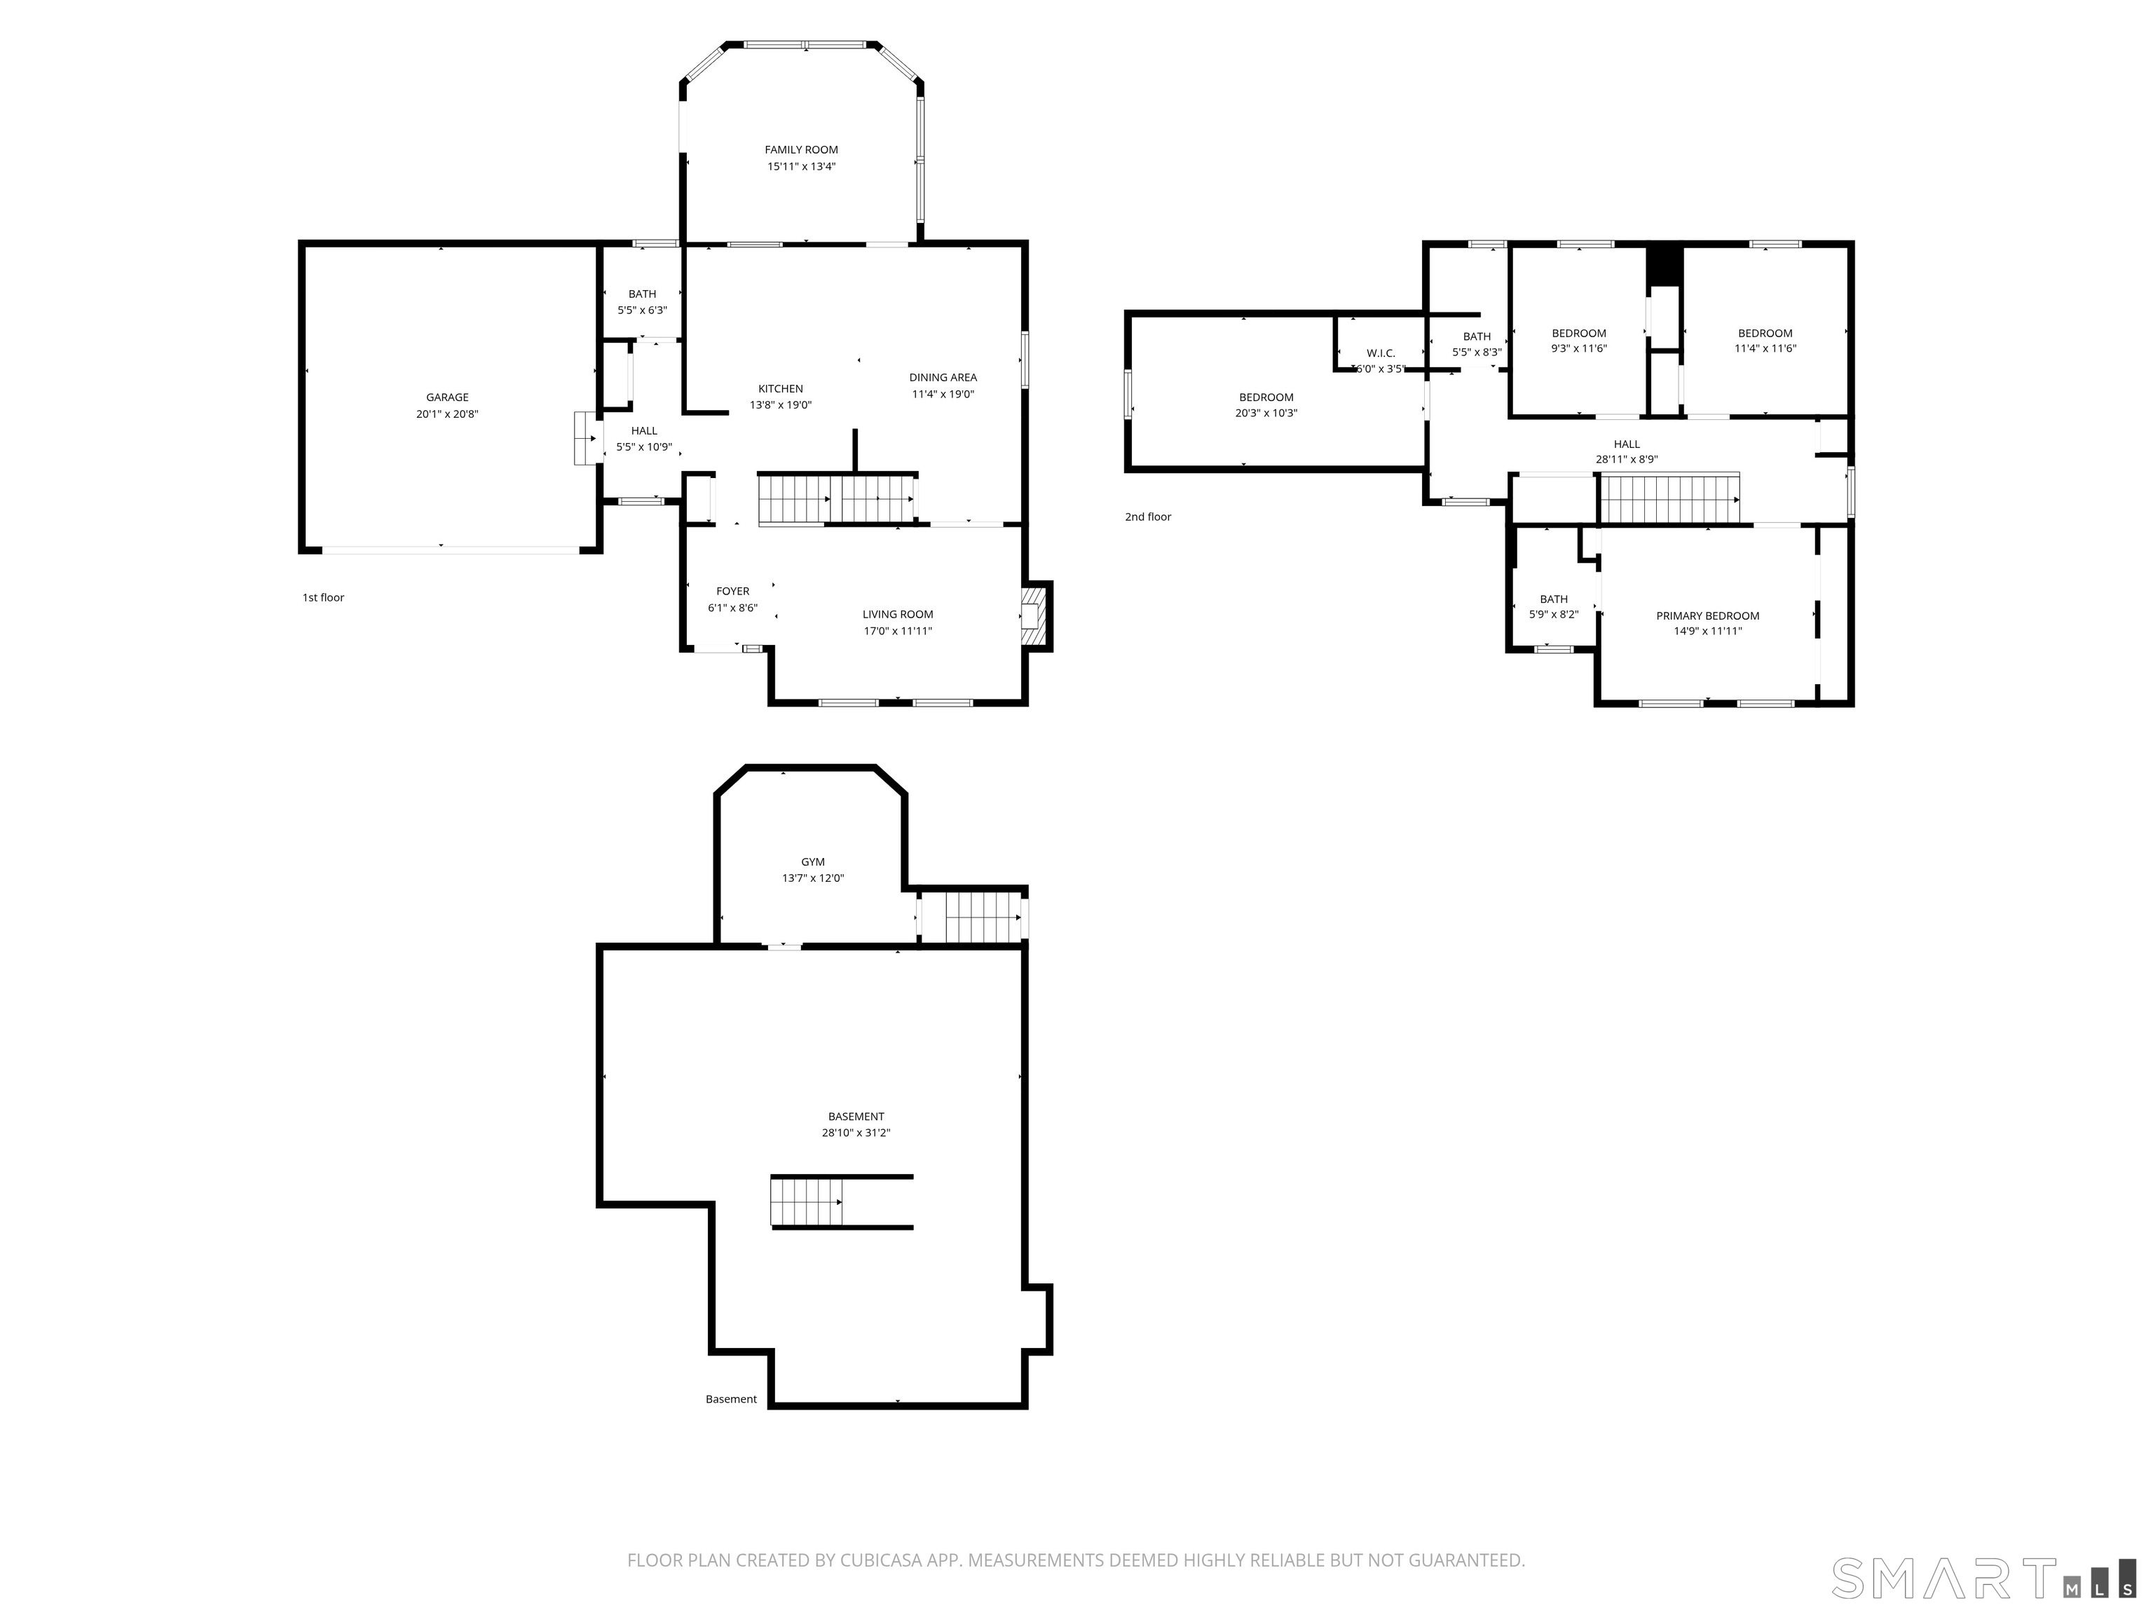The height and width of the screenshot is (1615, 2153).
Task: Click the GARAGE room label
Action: (446, 397)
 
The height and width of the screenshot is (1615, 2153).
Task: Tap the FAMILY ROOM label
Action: (801, 150)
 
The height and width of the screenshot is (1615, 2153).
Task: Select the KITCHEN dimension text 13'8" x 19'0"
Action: (781, 405)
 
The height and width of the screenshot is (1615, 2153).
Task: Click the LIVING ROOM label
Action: (897, 614)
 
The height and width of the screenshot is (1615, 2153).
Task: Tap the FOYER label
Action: (733, 591)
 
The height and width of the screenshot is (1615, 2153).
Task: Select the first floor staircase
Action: (837, 499)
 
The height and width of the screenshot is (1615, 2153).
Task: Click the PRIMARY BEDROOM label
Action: (1708, 615)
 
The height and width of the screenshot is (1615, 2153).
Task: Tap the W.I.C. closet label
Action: (1380, 353)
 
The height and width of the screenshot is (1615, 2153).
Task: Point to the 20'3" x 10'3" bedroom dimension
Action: (1266, 413)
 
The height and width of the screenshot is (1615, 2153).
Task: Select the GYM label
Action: (813, 861)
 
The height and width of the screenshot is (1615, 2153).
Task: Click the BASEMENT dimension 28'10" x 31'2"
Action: (856, 1133)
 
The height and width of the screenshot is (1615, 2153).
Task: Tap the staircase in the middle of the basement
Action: (807, 1202)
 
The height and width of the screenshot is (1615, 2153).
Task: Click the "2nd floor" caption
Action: (1149, 517)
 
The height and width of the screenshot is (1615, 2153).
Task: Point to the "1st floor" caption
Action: (323, 598)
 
